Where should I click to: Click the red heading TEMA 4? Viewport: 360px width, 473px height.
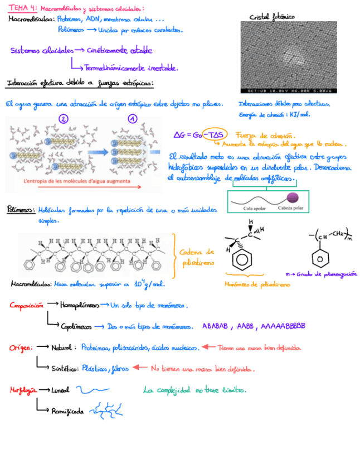tap(22, 8)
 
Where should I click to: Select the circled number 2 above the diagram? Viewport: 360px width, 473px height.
tap(64, 119)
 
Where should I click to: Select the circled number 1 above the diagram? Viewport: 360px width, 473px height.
tap(133, 119)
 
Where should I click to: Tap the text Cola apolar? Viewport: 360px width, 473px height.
tap(255, 208)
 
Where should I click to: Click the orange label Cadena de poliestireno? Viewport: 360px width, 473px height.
tap(196, 257)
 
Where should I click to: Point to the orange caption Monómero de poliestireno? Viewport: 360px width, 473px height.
tap(257, 284)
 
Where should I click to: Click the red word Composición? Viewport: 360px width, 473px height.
tap(26, 306)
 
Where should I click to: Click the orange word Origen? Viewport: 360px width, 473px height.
tap(21, 347)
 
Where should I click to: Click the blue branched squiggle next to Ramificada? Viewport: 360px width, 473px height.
tap(105, 411)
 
